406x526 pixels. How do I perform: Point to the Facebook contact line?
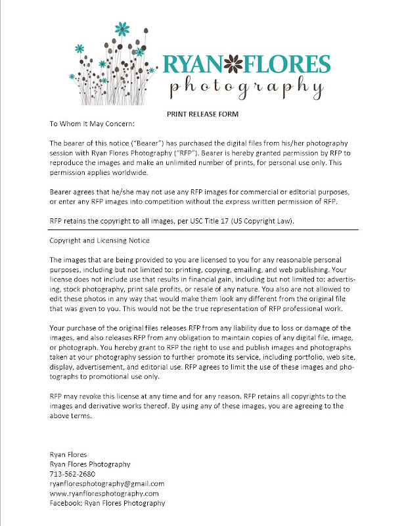(107, 503)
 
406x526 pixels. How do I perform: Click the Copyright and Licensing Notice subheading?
(99, 241)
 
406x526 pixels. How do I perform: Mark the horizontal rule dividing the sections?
(204, 230)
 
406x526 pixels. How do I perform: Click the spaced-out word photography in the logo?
(246, 86)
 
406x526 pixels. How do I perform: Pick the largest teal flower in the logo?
(121, 28)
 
